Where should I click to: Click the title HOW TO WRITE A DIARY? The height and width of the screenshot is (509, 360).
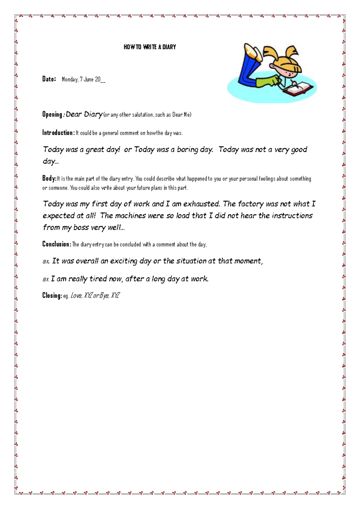pos(150,47)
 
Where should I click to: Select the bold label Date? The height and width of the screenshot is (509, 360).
pos(49,79)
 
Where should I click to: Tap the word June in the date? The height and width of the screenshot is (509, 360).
pos(88,80)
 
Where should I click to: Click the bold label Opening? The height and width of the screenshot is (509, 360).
pos(52,114)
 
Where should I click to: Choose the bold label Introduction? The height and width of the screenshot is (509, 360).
pos(58,133)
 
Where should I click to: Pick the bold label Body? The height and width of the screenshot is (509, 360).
pos(49,179)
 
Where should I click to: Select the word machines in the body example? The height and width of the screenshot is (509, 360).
pos(130,216)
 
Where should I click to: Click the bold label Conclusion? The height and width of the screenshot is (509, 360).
pos(57,244)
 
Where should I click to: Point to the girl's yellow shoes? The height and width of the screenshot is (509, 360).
pos(253,53)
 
